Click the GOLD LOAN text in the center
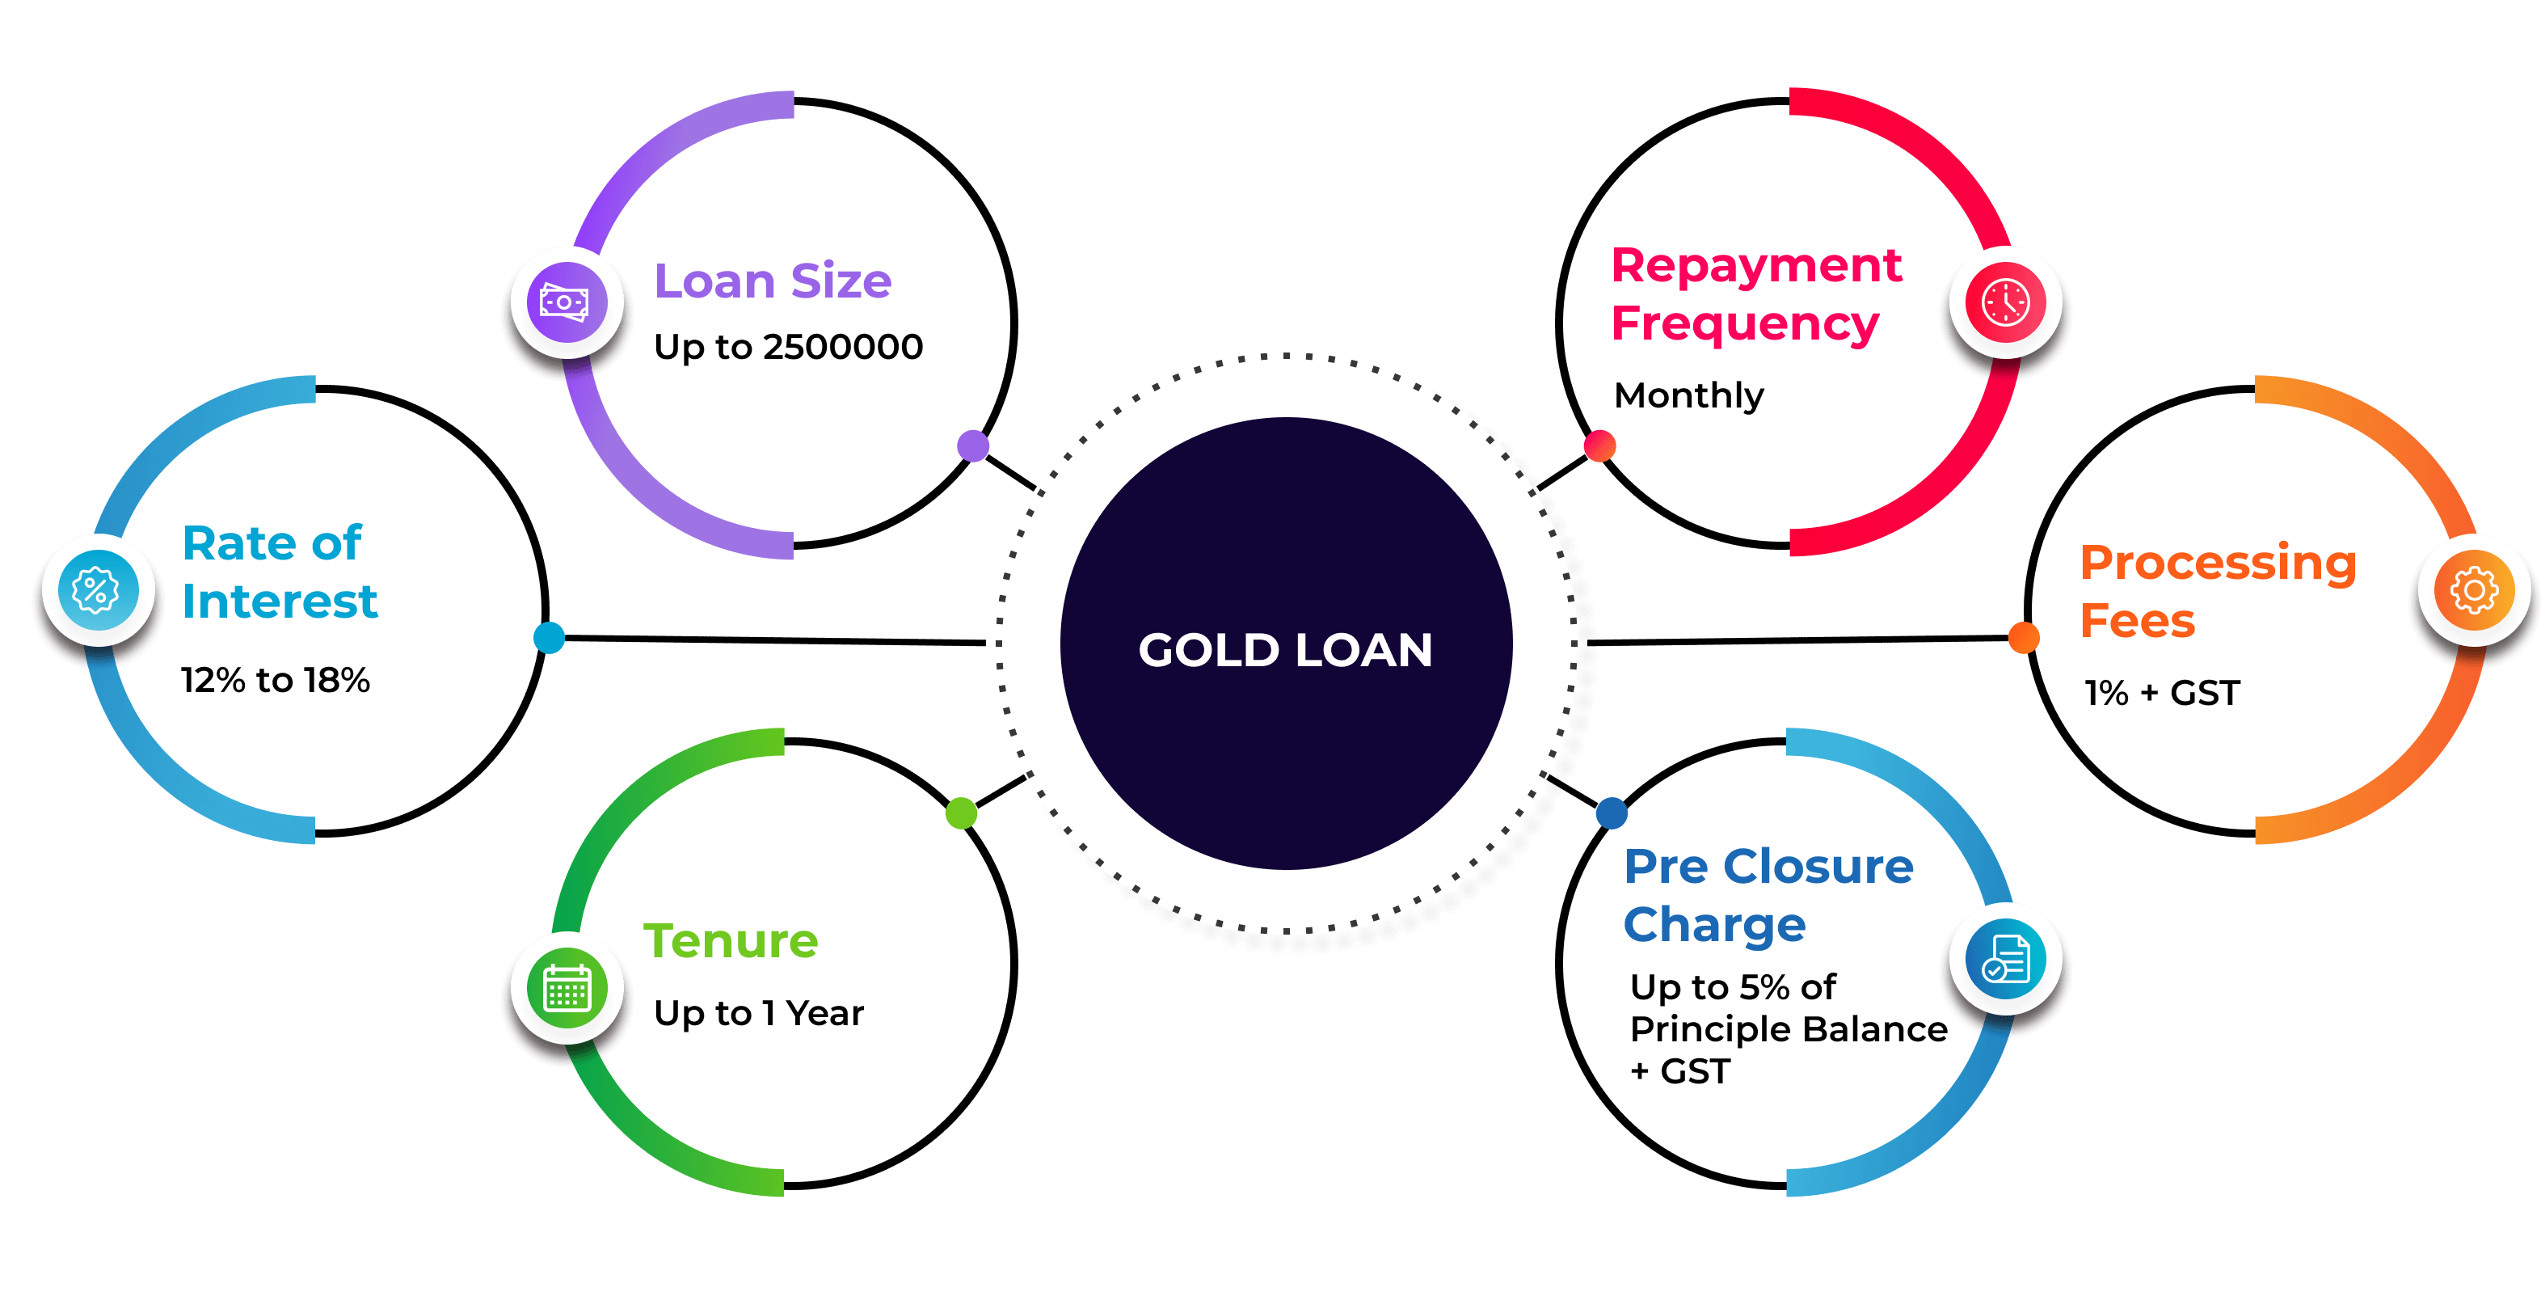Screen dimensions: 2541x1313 (1285, 650)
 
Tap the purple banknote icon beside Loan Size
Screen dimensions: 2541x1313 (567, 302)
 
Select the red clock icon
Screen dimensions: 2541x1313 (2005, 302)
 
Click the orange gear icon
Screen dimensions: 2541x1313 (2474, 591)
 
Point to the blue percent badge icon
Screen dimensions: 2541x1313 (97, 591)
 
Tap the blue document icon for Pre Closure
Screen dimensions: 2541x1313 (2005, 960)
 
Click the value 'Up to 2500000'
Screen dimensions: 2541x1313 (788, 347)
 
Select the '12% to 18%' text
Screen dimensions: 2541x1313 (276, 680)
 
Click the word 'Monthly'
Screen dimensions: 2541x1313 (1688, 396)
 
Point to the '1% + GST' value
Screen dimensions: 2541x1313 (2162, 693)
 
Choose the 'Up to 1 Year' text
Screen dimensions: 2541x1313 (759, 1013)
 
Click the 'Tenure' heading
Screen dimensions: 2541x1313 (731, 941)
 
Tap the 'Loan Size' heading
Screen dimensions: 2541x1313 (773, 281)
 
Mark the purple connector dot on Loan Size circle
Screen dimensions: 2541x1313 (972, 446)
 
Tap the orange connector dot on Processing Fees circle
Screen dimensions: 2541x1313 (2023, 637)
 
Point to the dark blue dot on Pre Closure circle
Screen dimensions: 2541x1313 (1611, 813)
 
